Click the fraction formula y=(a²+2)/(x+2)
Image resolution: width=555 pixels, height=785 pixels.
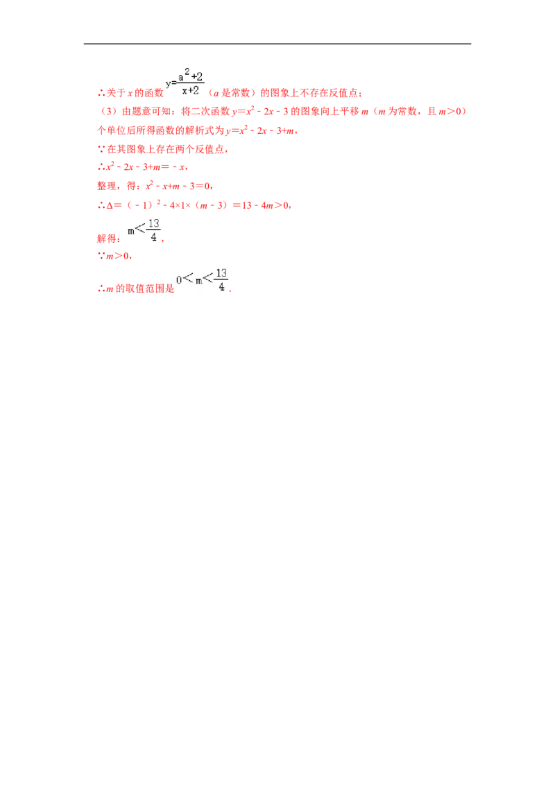[185, 82]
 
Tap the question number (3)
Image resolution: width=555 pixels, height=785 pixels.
[109, 112]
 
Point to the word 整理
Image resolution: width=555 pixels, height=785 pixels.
[106, 187]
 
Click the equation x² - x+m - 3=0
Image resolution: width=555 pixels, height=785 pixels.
[178, 186]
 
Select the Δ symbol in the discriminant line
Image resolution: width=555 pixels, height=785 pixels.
[110, 205]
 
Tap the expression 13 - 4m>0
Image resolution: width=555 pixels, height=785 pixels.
[266, 205]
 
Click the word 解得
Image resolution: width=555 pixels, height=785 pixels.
[106, 239]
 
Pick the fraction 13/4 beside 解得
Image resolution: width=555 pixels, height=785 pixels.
[153, 230]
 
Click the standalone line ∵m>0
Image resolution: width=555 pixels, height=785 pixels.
[113, 256]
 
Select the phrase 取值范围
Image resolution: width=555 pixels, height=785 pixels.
[145, 288]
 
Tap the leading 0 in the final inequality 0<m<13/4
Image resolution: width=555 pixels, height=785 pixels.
[179, 280]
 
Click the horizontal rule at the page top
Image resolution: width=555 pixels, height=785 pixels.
[277, 44]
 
